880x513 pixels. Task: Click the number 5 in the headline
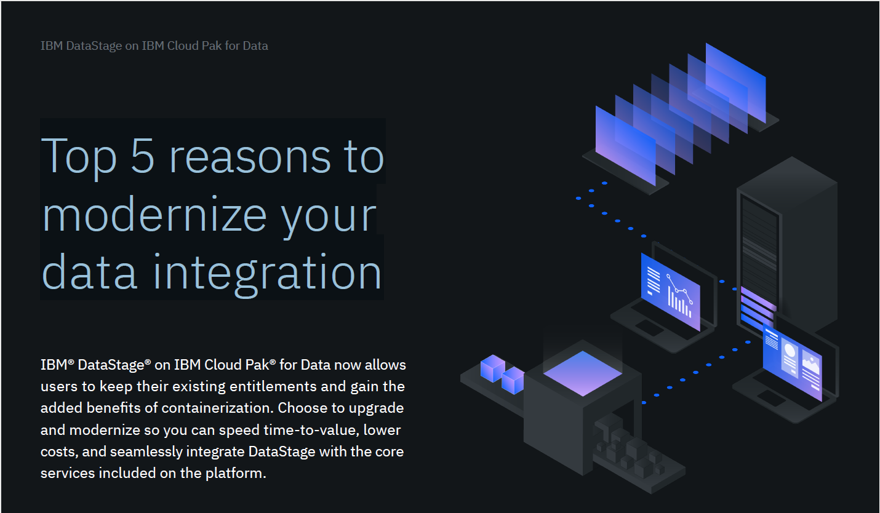point(142,156)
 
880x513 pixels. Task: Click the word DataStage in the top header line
point(94,46)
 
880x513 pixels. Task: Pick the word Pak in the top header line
point(211,46)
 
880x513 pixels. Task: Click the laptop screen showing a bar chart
point(670,292)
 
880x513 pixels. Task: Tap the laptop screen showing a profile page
point(792,362)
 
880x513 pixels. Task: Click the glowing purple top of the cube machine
point(582,373)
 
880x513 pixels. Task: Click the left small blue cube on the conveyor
point(493,368)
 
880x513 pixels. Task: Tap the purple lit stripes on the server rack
point(758,308)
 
